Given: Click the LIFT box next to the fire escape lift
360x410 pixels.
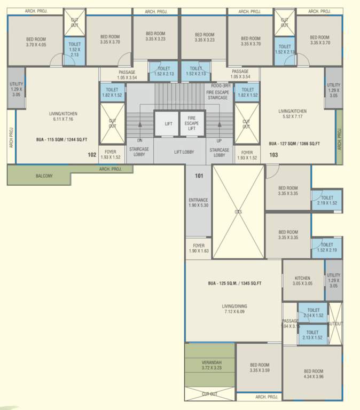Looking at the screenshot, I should click(168, 124).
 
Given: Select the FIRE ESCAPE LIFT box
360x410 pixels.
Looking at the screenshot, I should click(192, 124).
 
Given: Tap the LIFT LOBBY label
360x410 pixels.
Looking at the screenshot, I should click(184, 152).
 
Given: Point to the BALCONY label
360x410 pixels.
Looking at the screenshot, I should click(44, 176).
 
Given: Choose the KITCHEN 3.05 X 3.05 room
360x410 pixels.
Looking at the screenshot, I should click(303, 281).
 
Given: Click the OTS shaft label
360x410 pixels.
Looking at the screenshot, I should click(238, 212).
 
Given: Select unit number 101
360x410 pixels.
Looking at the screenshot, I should click(199, 176).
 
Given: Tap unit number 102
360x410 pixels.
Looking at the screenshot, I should click(92, 155).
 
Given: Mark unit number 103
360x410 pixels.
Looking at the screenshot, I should click(273, 155).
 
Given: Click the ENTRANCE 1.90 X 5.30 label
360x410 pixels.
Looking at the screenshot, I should click(199, 202).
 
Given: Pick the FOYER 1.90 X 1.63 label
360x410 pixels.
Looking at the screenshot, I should click(199, 248).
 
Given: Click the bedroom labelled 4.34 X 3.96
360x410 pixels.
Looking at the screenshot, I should click(314, 374).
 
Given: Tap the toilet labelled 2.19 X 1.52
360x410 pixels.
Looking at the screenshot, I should click(327, 200).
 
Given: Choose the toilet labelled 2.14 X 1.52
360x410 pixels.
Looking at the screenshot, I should click(314, 312).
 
